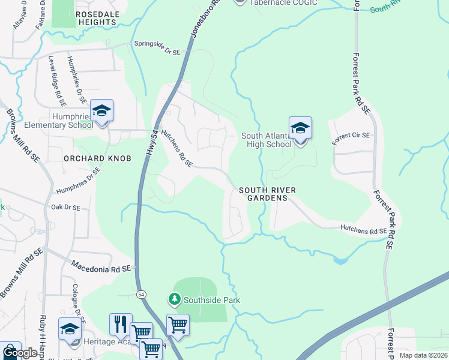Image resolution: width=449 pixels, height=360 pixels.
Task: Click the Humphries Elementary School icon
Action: point(102,111)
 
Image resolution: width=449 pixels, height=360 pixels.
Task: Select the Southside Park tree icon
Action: point(175,299)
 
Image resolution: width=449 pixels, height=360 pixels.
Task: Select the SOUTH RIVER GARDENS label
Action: point(268,194)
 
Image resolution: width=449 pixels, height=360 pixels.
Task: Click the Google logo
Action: point(20,353)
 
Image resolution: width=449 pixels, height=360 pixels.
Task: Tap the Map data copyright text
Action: point(423,355)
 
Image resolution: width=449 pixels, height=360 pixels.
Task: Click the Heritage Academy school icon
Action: point(70,330)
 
